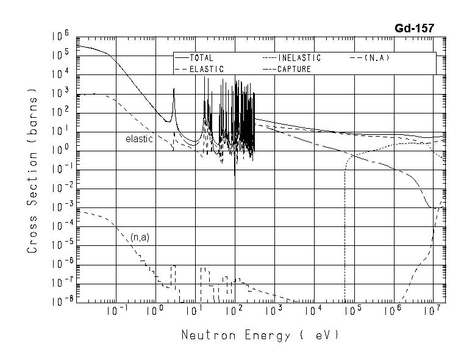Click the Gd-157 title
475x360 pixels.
(x=414, y=27)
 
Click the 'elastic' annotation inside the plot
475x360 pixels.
(x=138, y=139)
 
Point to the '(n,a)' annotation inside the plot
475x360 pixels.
(x=140, y=237)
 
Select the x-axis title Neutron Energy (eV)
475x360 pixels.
(x=259, y=336)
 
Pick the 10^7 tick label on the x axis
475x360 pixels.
(x=432, y=312)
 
